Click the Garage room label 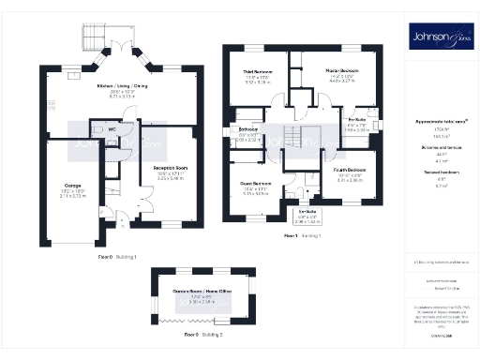tap(70, 185)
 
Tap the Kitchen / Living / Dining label tap(123, 85)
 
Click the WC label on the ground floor tap(112, 128)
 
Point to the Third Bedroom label tap(258, 71)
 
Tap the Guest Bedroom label tap(256, 183)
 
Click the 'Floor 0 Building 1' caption tap(118, 256)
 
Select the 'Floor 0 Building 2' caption tap(202, 334)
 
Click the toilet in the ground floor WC tap(99, 123)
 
